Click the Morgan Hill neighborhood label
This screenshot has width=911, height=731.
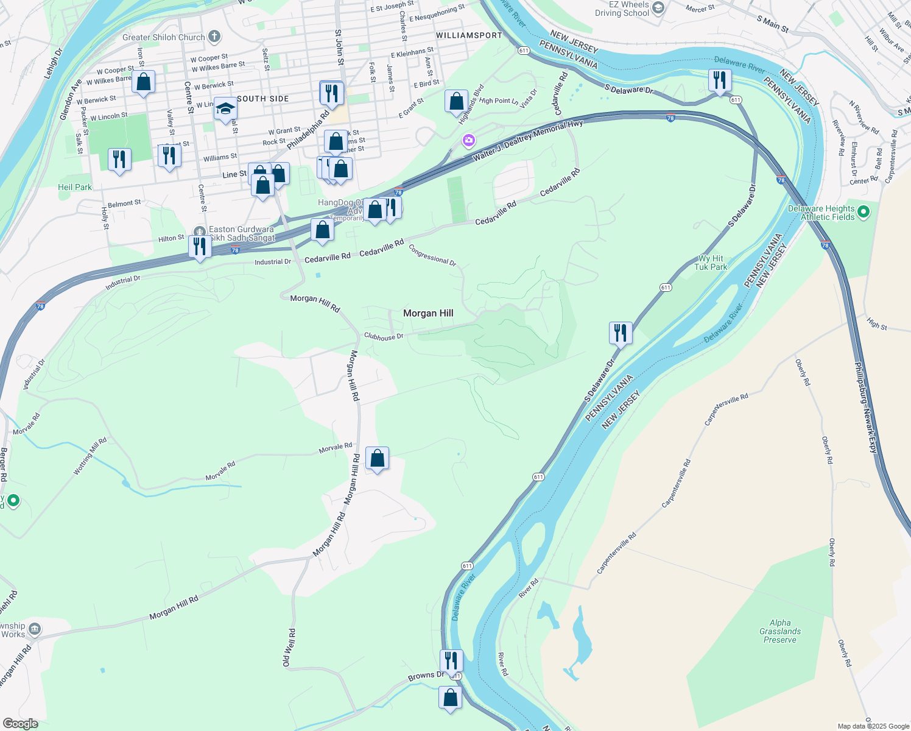428,313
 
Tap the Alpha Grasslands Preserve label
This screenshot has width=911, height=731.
779,631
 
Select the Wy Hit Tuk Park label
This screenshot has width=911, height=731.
711,263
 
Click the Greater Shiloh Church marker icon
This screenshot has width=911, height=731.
214,37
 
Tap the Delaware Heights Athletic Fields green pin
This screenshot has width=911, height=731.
864,213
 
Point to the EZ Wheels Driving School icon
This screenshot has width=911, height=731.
658,8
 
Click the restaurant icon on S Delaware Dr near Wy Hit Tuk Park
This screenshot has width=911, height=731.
621,333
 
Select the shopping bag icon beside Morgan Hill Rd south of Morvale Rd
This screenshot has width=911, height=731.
377,458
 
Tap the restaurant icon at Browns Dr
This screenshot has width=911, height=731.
451,660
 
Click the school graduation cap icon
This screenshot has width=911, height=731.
225,109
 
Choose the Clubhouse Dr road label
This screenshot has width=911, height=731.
384,336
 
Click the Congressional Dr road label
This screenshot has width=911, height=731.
432,255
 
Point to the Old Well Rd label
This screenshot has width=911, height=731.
289,648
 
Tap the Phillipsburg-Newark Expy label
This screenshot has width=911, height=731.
865,408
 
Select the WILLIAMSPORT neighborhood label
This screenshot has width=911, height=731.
469,35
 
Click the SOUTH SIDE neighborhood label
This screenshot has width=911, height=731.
263,99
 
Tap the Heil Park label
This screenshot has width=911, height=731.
75,187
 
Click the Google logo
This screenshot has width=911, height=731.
21,724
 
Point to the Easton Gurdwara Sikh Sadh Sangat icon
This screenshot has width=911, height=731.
200,231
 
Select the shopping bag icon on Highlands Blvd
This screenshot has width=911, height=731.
456,102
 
